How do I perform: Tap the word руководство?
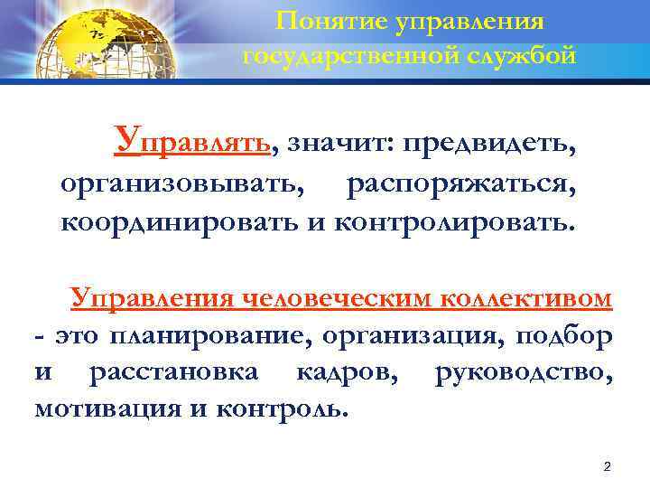pos(524,372)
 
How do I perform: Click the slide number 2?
pos(607,466)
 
